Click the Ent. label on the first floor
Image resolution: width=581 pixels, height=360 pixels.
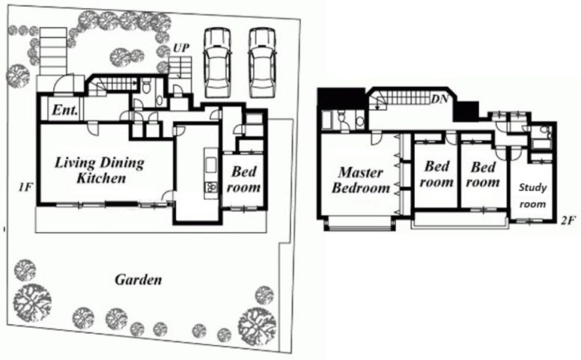tap(65, 109)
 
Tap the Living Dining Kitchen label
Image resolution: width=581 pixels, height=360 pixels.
tap(100, 170)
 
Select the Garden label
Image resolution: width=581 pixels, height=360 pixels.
tap(139, 280)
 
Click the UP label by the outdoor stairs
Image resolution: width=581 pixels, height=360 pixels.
tap(181, 48)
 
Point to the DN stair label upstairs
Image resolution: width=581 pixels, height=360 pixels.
tap(439, 100)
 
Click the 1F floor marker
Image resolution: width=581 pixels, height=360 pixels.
tap(26, 187)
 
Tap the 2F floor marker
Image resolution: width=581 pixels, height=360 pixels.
tap(568, 221)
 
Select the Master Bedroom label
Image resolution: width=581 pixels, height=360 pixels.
tap(361, 180)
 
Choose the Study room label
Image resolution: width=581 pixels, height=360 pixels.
tap(532, 195)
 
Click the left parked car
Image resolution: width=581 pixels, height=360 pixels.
tap(218, 62)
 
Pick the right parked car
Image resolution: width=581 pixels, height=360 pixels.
tap(263, 62)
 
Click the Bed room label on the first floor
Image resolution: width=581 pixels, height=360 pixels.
tap(243, 180)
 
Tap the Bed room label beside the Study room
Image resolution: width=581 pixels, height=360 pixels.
tap(483, 174)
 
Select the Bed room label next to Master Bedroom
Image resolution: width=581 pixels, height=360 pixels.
tap(436, 174)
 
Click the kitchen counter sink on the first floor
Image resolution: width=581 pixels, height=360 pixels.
tap(210, 165)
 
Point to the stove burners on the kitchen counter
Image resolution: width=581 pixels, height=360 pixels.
tap(210, 186)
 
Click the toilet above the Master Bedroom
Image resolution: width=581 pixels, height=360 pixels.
tap(342, 118)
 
